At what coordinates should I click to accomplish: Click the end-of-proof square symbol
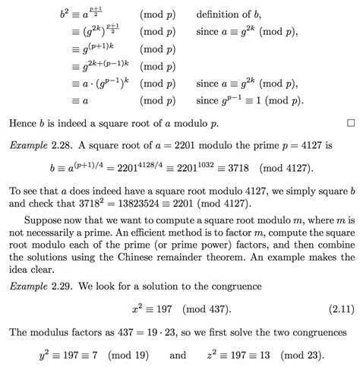[x=350, y=122]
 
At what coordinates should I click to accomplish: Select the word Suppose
[x=39, y=218]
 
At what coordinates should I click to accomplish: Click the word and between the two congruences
[x=178, y=355]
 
